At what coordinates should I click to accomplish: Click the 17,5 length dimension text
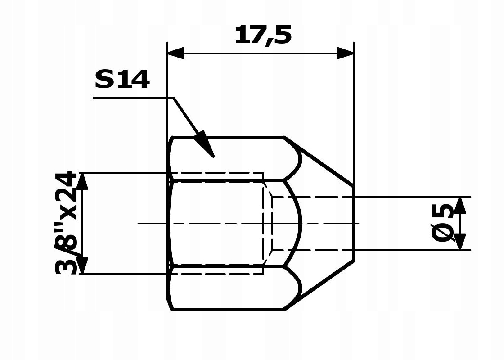263,35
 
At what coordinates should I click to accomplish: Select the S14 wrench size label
121,80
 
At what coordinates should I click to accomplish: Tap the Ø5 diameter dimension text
443,223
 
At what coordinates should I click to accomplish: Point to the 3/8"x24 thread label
66,223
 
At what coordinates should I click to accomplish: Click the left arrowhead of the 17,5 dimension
176,53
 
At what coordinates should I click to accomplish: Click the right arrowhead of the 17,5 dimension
345,53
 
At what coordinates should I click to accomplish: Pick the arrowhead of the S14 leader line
206,145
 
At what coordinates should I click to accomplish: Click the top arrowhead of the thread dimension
82,180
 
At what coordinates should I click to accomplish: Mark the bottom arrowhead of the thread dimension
82,265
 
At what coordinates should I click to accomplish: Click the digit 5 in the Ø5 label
443,211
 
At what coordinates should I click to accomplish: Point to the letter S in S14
104,80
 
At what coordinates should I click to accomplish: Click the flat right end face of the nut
354,223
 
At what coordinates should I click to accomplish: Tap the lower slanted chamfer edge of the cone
319,285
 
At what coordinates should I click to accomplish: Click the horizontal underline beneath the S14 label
133,98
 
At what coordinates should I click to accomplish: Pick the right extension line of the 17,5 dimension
354,112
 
